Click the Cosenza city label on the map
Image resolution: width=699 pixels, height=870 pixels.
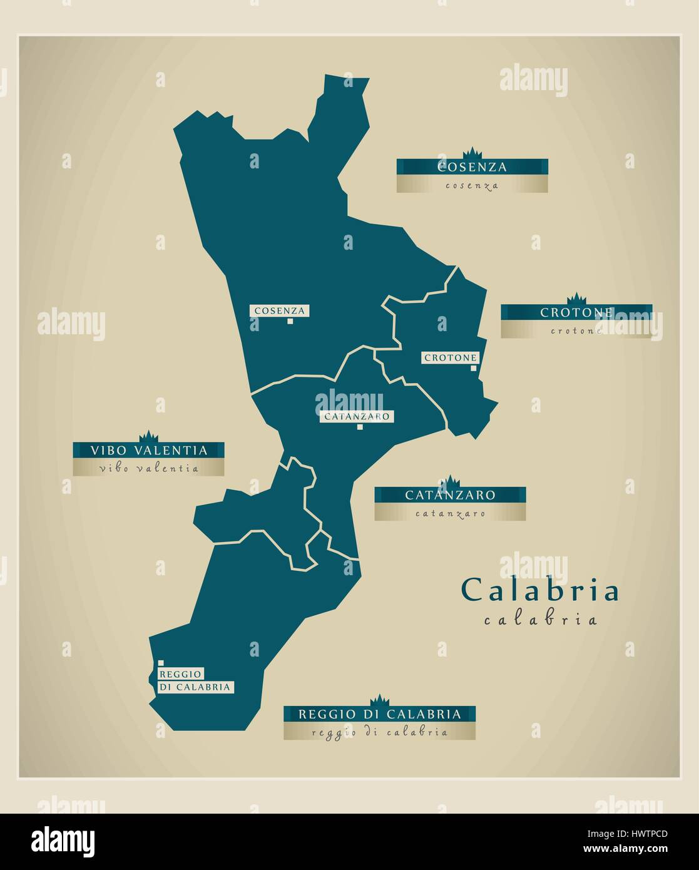tap(279, 310)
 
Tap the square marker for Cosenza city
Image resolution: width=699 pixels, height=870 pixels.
tap(290, 322)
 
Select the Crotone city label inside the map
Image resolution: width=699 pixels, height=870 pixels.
tap(450, 357)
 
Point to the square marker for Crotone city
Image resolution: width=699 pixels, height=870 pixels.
tap(474, 369)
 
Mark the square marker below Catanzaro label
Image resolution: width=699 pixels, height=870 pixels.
tap(360, 427)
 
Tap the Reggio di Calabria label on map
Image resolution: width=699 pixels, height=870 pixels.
tap(195, 680)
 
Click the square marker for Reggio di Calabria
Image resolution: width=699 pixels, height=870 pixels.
tap(161, 663)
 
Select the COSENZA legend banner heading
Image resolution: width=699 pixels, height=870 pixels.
tap(472, 167)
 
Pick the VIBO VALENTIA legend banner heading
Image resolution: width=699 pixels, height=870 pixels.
tap(148, 450)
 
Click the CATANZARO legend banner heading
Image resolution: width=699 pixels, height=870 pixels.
tap(450, 495)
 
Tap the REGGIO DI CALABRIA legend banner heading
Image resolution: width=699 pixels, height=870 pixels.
tap(379, 714)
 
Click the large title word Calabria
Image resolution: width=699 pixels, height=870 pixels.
tap(540, 590)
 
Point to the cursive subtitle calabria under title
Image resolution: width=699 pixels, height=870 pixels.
tap(540, 620)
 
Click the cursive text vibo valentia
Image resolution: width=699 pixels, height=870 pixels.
tap(148, 468)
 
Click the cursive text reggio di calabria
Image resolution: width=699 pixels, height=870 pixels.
tap(379, 732)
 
